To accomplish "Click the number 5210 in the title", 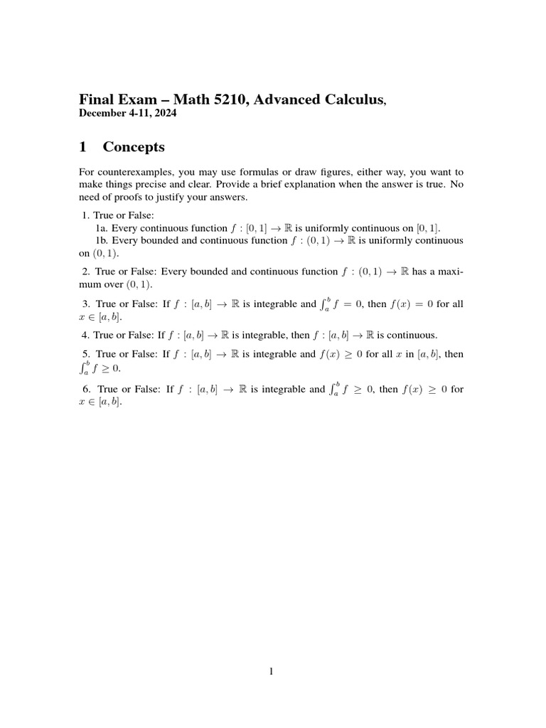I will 201,100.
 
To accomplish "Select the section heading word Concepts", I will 134,147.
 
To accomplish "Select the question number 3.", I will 85,304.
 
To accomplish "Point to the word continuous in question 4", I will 412,335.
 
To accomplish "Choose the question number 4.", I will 85,335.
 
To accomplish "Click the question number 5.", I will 85,354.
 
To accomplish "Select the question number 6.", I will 85,390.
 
